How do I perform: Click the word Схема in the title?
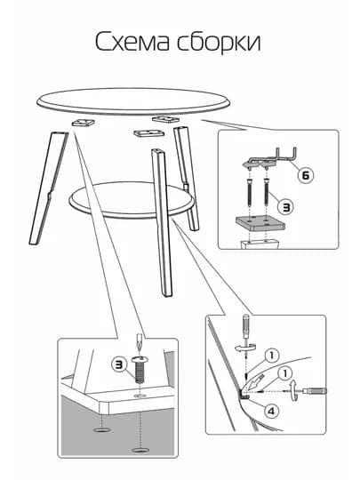132,42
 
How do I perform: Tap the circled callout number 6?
306,175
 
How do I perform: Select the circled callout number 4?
271,412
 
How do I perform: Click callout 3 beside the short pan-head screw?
119,364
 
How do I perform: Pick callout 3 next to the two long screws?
285,207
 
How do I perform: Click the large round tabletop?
133,102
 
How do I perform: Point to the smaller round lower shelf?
131,200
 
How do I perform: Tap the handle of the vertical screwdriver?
246,326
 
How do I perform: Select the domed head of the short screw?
140,360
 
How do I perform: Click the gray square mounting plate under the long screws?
260,223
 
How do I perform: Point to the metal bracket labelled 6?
269,158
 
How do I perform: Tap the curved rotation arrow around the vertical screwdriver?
245,348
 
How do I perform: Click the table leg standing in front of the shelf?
161,222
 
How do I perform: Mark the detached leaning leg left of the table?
49,188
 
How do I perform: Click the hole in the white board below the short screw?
140,396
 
